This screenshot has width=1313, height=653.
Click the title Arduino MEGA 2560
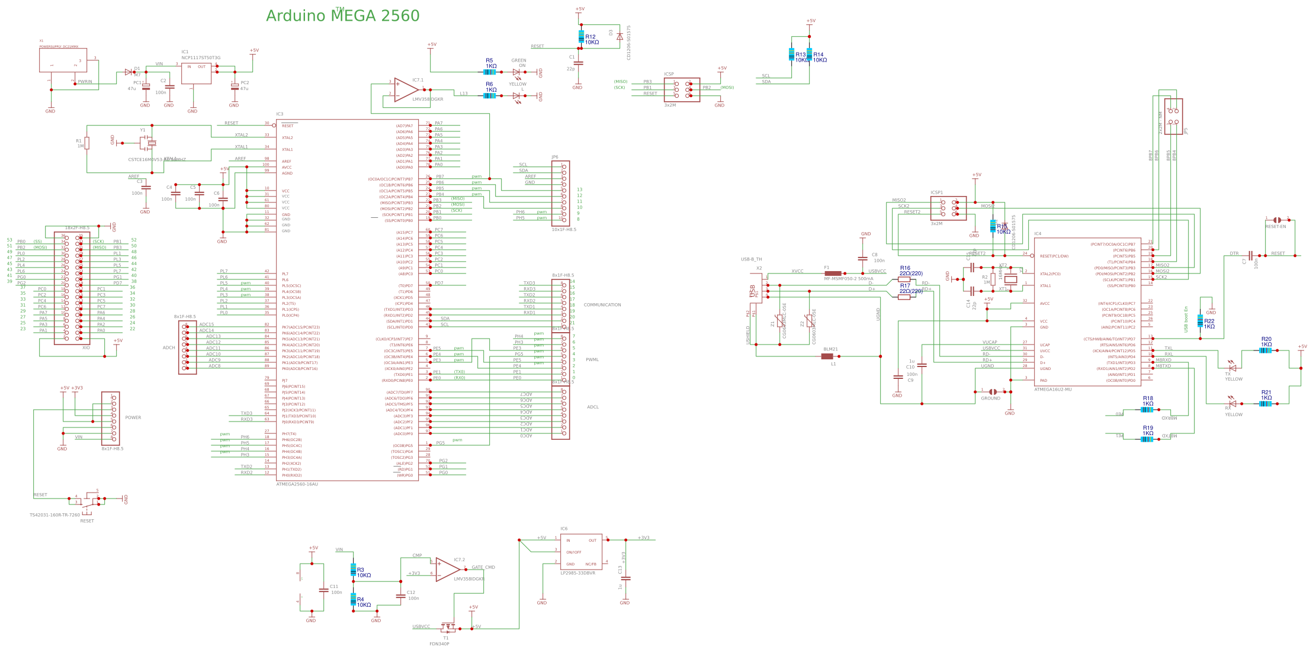click(342, 16)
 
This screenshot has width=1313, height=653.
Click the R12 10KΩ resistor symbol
click(581, 37)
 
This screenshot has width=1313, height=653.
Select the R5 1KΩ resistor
click(489, 72)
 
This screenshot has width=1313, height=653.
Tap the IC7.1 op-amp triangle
click(406, 90)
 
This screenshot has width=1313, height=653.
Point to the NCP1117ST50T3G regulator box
click(196, 73)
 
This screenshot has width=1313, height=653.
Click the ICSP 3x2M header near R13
click(682, 89)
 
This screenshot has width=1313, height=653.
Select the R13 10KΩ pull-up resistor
click(791, 54)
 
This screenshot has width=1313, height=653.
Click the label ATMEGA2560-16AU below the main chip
click(297, 484)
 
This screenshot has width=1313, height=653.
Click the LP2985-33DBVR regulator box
click(581, 551)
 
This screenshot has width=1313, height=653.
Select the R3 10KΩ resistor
click(353, 570)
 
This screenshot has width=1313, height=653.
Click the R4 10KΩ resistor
click(353, 600)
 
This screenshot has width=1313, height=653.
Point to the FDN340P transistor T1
click(447, 627)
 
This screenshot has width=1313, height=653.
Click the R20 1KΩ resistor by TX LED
click(1264, 350)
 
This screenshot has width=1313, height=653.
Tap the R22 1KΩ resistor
click(1200, 321)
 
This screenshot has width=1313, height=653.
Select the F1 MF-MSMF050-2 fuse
click(833, 274)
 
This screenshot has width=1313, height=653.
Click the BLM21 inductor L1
click(827, 356)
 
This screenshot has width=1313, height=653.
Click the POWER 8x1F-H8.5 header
click(110, 418)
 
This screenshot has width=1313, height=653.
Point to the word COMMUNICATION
click(602, 305)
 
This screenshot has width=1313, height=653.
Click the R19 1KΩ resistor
click(1147, 439)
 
